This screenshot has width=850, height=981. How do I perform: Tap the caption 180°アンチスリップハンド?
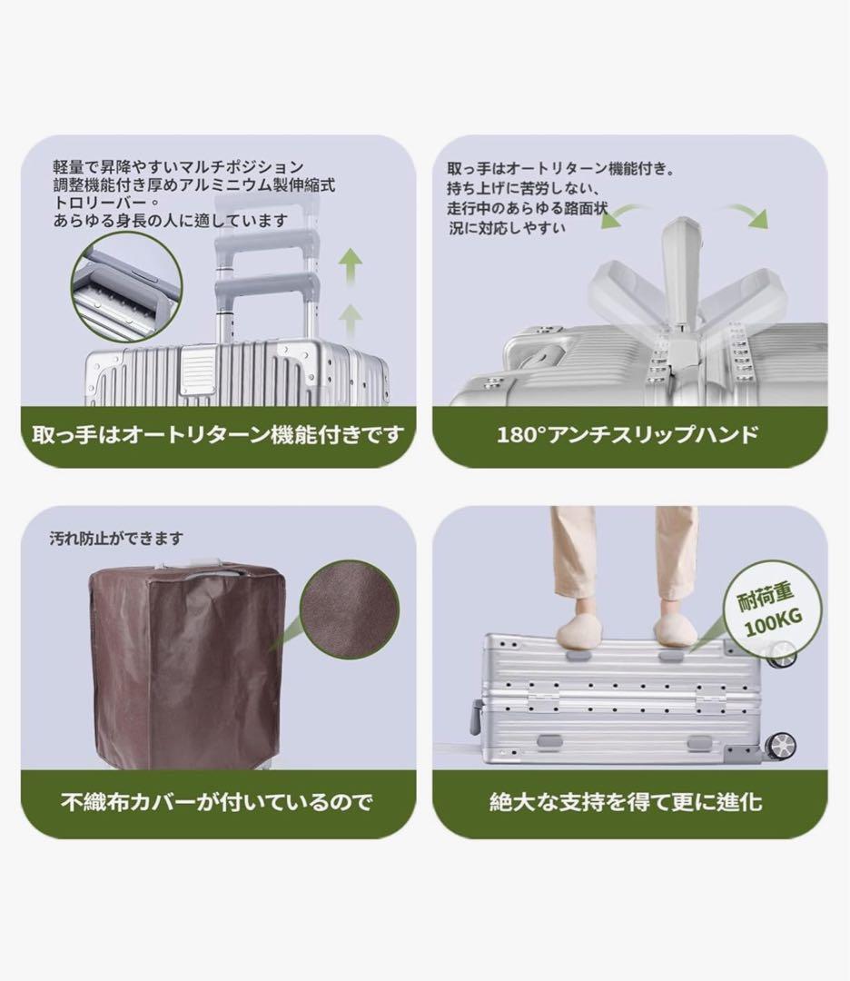[x=628, y=434]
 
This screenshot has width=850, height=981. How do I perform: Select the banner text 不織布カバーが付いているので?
[x=217, y=802]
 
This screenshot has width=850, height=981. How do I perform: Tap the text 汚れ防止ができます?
[x=116, y=539]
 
